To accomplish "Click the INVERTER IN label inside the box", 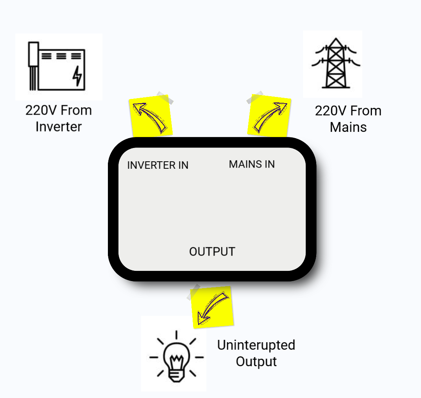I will tap(158, 165).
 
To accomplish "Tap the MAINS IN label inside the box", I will tap(252, 164).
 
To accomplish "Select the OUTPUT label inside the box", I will tap(212, 252).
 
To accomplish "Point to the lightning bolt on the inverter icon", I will tap(78, 76).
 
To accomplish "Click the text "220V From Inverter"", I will tap(58, 119).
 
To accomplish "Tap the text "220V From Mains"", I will tap(348, 119).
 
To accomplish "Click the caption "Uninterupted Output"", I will tap(256, 353).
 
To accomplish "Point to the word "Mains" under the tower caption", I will tap(348, 127).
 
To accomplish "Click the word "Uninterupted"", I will tap(256, 345).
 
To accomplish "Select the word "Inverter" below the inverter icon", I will tap(58, 127).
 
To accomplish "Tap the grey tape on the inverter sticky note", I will tap(165, 98).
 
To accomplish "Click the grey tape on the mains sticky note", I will tap(255, 97).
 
